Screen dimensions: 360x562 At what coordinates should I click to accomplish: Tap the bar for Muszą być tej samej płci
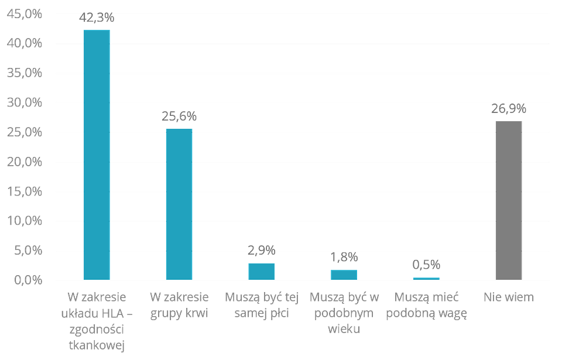(262, 271)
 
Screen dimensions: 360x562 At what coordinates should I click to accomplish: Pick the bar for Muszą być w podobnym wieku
(344, 275)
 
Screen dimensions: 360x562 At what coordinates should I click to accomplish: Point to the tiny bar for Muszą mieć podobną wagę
(426, 277)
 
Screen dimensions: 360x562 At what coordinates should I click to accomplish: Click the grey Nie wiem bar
(508, 200)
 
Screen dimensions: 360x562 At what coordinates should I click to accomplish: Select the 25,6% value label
(179, 116)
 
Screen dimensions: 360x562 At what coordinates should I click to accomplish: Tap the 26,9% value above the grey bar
(508, 109)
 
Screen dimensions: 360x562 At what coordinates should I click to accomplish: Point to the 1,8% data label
(344, 258)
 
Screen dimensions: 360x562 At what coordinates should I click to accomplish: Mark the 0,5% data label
(426, 265)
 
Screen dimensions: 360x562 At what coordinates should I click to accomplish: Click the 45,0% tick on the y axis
(24, 14)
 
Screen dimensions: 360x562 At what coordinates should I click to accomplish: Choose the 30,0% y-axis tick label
(24, 103)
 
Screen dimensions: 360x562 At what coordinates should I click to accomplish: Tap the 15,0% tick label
(24, 191)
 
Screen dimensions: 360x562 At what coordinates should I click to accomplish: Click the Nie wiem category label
(508, 297)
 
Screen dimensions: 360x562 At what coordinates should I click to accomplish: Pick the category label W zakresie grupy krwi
(179, 305)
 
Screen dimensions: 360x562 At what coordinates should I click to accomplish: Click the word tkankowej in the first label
(97, 345)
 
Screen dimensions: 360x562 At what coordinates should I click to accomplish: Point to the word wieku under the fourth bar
(344, 329)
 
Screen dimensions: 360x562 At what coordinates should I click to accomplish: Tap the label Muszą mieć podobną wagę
(426, 305)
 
